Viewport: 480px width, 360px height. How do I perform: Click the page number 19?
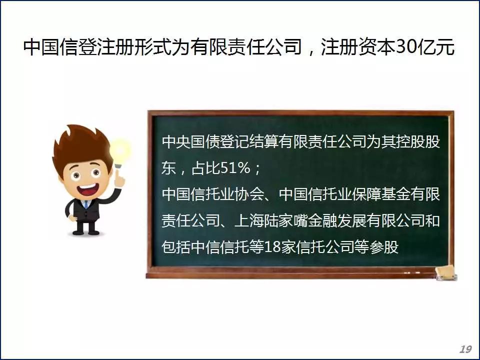point(465,349)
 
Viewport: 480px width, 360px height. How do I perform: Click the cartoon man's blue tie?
point(86,204)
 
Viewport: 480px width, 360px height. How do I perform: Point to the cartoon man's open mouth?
point(87,189)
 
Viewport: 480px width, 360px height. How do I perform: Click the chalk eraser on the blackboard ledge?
point(446,273)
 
